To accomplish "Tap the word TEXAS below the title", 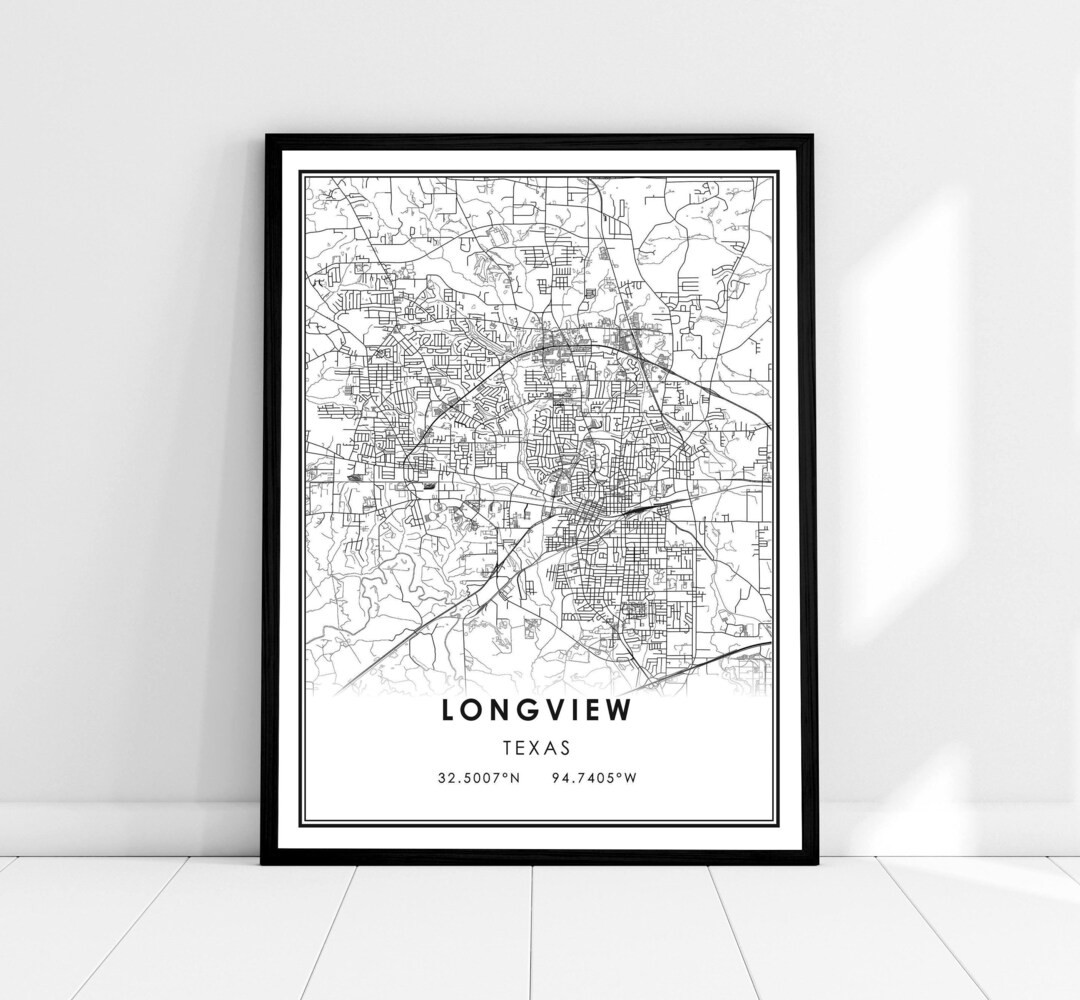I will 537,747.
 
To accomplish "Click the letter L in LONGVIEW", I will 447,711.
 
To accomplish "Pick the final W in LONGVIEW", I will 624,711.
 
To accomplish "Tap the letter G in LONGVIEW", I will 524,711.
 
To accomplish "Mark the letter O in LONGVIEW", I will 471,711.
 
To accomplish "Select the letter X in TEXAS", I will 537,747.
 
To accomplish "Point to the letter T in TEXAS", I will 508,747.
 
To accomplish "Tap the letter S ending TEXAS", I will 566,747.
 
